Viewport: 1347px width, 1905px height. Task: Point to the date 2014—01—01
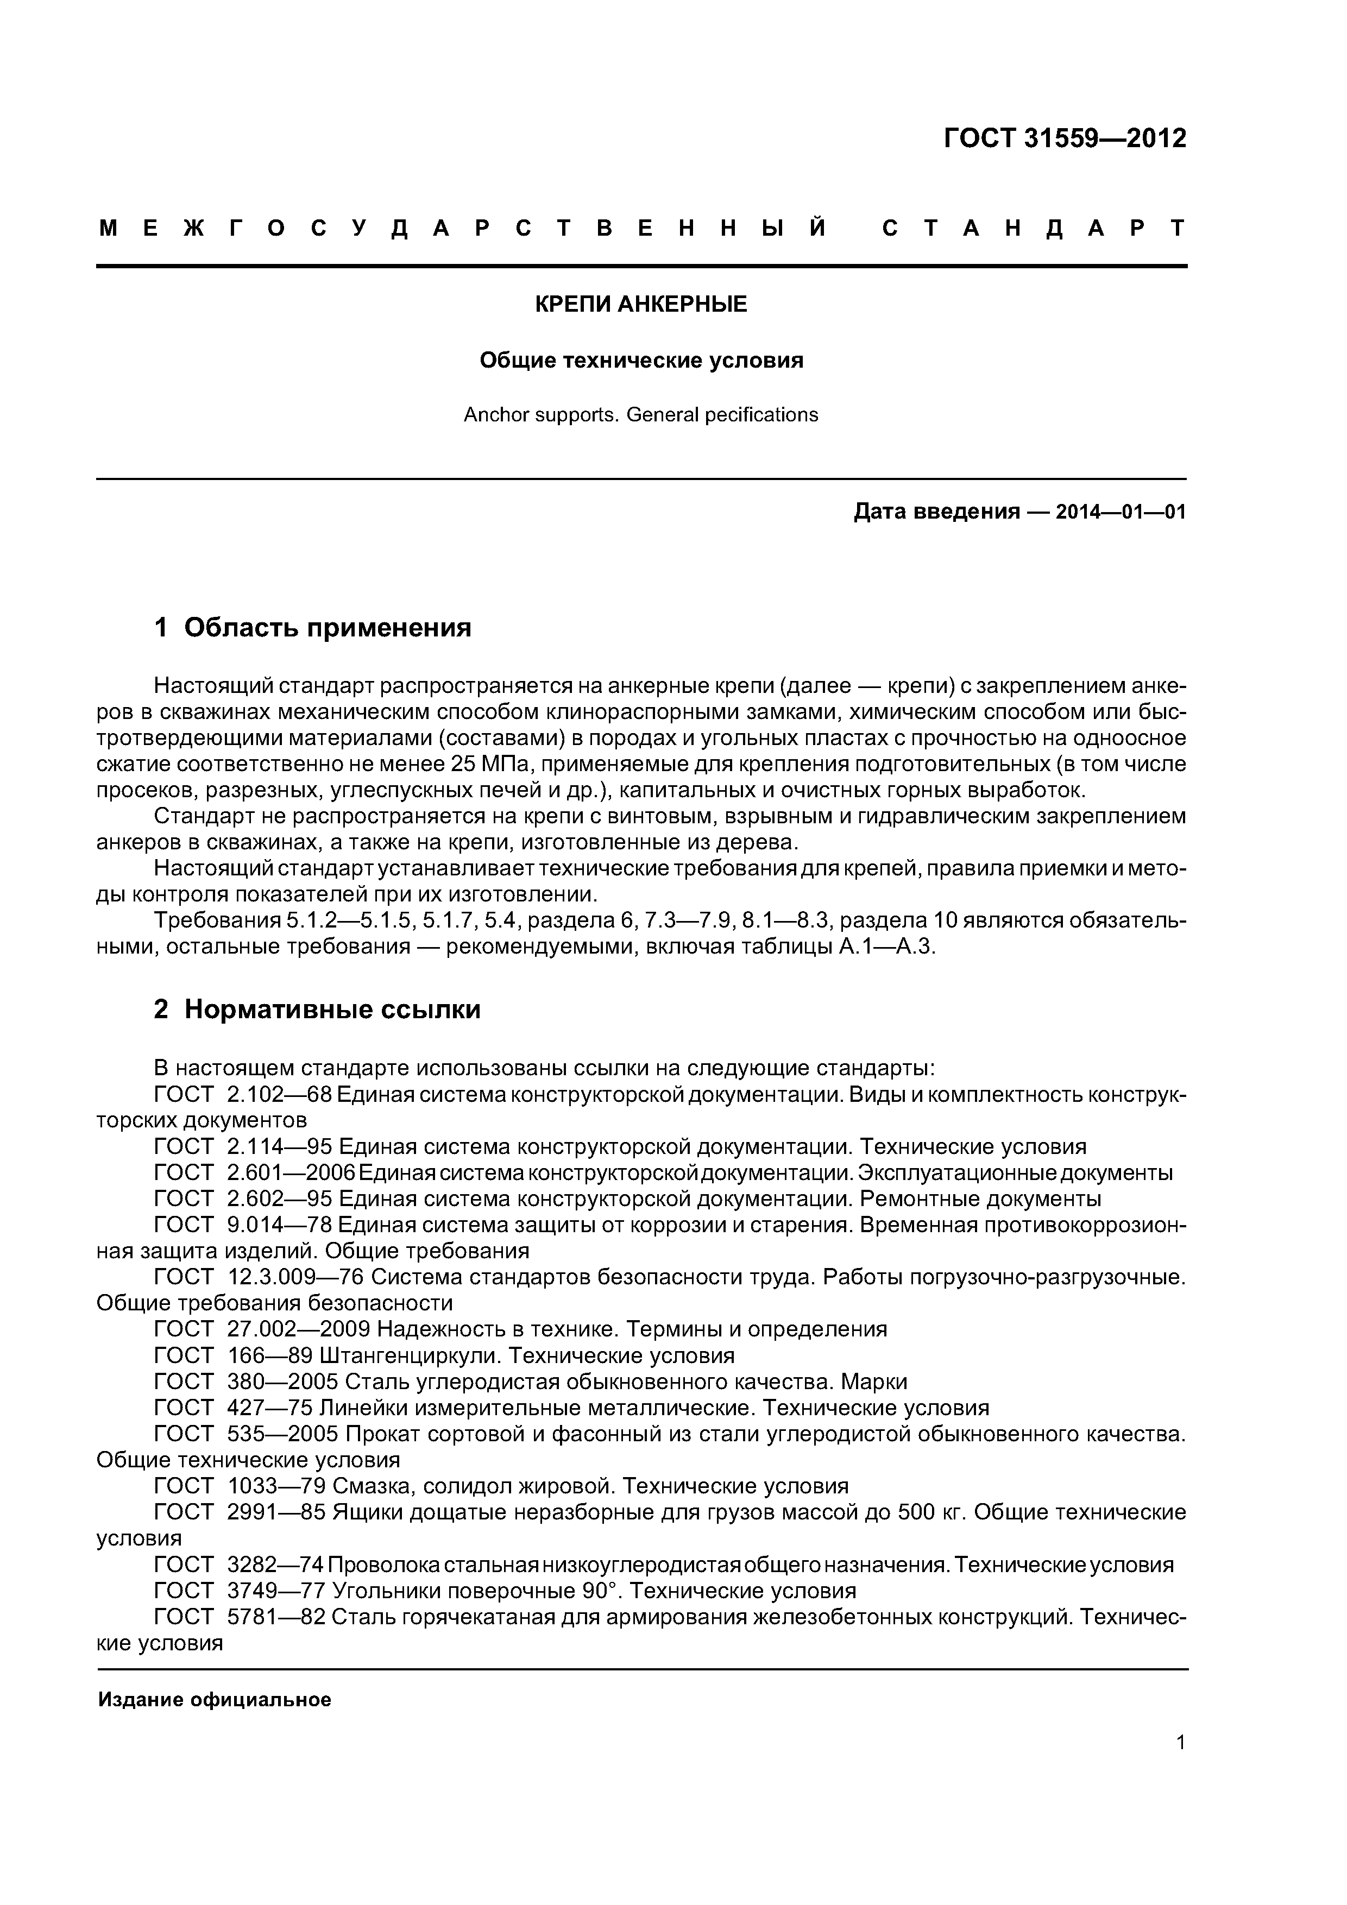pyautogui.click(x=1121, y=512)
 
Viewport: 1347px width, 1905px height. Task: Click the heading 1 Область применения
pyautogui.click(x=313, y=628)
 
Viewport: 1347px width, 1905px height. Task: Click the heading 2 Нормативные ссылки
pyautogui.click(x=317, y=1010)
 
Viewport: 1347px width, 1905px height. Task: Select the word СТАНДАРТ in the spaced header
pyautogui.click(x=1034, y=228)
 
